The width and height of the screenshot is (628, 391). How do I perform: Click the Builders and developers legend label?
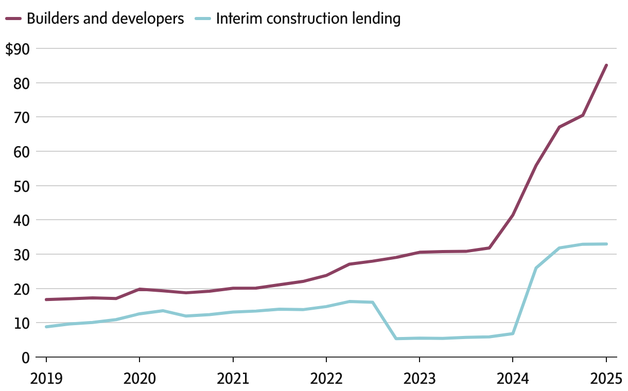105,19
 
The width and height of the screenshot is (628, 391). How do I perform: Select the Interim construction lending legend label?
308,19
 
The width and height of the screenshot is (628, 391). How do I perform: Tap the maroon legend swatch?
13,19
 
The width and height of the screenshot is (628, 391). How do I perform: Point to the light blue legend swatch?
203,19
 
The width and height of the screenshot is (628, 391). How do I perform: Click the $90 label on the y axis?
18,49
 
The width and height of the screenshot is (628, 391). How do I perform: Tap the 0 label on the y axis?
24,357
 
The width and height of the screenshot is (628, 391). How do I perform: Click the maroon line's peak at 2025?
606,65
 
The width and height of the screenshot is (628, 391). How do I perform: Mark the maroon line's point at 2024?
513,215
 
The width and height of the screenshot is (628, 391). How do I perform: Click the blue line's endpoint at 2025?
606,244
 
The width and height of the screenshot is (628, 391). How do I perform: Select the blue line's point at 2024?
513,333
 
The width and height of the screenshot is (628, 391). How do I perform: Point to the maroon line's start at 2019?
46,299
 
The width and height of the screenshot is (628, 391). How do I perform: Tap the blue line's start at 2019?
46,327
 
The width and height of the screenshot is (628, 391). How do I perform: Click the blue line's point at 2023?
419,338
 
